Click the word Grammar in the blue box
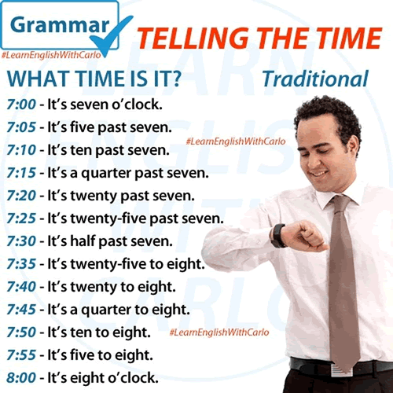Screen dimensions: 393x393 (x=60, y=25)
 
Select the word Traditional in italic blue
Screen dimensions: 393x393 (x=315, y=79)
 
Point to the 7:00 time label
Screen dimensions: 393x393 (x=21, y=105)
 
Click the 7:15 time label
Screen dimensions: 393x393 (x=21, y=173)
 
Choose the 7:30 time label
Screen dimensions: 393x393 (x=21, y=241)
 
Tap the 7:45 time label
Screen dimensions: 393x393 (x=21, y=310)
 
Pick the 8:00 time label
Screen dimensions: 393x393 (x=21, y=378)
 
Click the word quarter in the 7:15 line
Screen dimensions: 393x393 (x=106, y=174)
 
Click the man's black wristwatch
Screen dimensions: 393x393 (x=277, y=236)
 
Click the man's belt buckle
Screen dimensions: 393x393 (x=340, y=370)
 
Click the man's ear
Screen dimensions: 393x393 (x=353, y=147)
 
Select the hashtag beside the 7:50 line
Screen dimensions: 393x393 (x=219, y=332)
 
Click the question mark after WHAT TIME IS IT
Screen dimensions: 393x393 (x=177, y=79)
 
